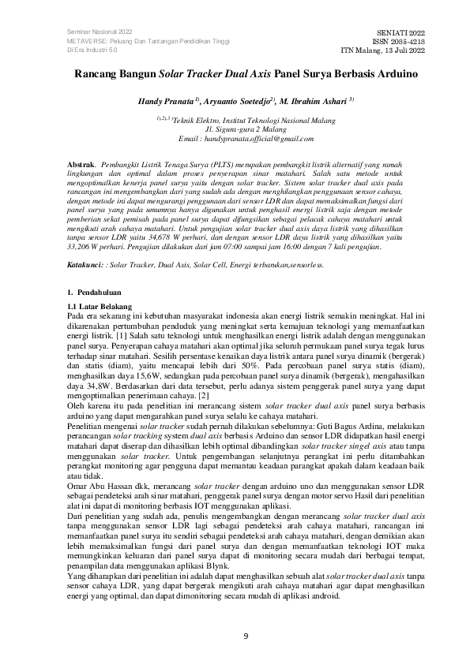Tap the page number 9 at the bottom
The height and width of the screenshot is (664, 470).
245,636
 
